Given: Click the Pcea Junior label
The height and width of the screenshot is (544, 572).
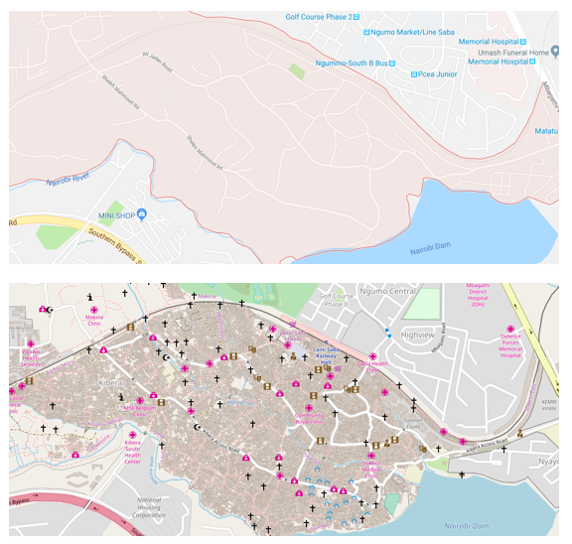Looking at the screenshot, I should pos(438,73).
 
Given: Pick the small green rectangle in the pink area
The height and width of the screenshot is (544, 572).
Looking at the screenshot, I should pos(296,70).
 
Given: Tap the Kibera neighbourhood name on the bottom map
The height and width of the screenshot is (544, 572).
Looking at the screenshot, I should pos(109,381).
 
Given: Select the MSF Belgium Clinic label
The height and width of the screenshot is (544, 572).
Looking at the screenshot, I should pos(136,408).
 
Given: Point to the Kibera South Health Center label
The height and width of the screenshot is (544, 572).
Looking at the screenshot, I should pos(132,454).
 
